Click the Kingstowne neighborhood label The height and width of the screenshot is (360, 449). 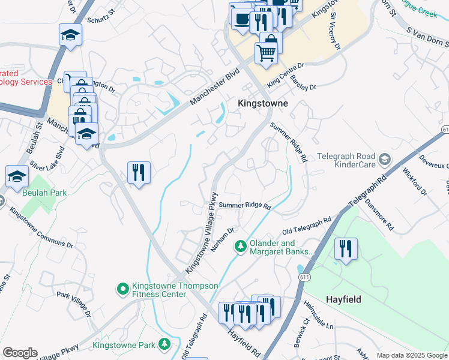(x=263, y=103)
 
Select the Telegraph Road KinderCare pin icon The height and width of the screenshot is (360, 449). (x=385, y=160)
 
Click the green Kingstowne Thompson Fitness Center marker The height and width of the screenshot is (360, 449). (x=123, y=290)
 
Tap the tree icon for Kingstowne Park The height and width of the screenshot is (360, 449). (x=163, y=344)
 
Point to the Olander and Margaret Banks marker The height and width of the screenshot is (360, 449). (x=241, y=247)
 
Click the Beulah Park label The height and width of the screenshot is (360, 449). (x=44, y=193)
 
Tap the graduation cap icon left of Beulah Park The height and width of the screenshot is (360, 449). (x=17, y=175)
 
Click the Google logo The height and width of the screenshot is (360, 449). (x=20, y=353)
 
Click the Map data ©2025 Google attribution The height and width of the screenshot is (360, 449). (x=411, y=355)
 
